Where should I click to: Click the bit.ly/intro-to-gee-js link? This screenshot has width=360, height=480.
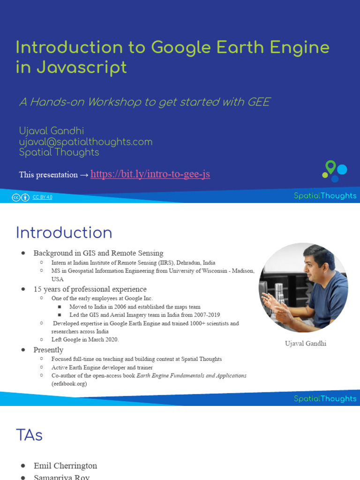[150, 174]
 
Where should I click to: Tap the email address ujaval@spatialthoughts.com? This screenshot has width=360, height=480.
[86, 142]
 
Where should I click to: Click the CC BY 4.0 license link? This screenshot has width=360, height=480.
[42, 197]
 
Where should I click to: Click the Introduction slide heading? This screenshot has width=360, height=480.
[64, 233]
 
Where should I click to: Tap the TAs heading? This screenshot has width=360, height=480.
[29, 435]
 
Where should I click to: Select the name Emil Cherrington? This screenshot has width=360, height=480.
[65, 465]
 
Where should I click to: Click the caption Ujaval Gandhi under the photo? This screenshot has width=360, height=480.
[306, 344]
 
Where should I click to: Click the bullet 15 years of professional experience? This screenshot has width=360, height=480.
[90, 289]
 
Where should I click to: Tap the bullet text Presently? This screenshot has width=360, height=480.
[48, 350]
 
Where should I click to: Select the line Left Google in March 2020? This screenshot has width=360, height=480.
[85, 339]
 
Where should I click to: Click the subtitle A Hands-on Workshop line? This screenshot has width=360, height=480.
[144, 102]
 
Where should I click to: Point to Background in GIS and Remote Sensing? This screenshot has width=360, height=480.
[98, 253]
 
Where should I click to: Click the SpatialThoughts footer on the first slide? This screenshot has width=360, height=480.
[325, 196]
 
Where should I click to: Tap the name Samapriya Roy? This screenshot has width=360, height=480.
[61, 477]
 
